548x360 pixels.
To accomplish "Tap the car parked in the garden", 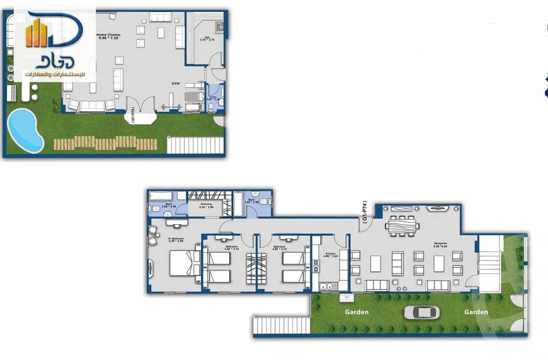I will pos(422,313).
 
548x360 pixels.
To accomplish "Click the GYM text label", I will pos(175,84).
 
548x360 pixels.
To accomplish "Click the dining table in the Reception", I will pos(401,224).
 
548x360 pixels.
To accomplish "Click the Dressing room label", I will pos(205,205).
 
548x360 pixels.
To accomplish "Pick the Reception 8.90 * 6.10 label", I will pos(440,245).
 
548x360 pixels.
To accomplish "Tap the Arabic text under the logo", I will pos(54,74).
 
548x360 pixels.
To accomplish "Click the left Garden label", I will pos(356,312).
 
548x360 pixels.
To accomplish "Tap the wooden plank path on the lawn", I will pos(105,143).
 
